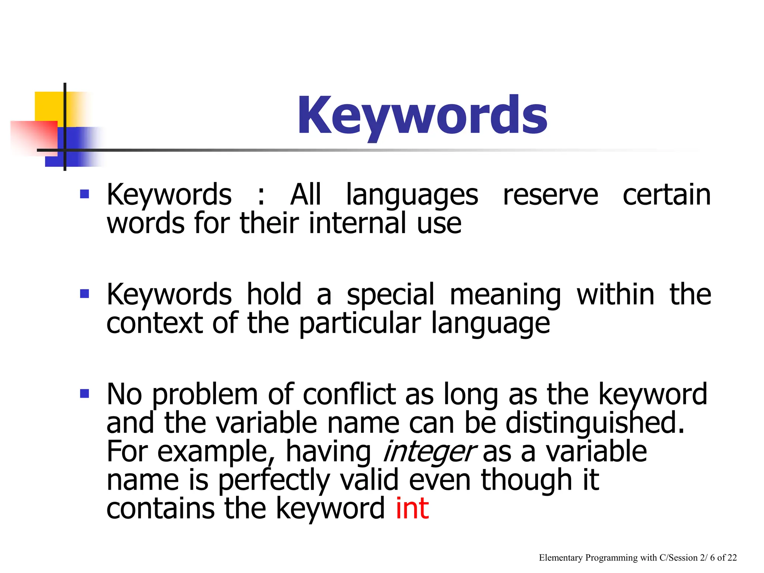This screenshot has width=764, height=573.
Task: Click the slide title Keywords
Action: [x=422, y=116]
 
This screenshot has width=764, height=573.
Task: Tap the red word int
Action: [x=412, y=508]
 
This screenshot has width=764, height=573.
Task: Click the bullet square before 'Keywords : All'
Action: [x=85, y=194]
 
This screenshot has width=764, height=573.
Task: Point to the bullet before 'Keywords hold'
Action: [x=85, y=294]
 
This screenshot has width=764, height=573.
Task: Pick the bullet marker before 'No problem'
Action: [x=85, y=394]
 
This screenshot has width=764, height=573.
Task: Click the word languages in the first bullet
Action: [x=412, y=195]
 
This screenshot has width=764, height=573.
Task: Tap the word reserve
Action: [x=550, y=195]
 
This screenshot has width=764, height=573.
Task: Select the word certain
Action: [x=667, y=195]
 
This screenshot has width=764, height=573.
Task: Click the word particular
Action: [x=360, y=323]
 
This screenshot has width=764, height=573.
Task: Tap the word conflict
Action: [x=350, y=394]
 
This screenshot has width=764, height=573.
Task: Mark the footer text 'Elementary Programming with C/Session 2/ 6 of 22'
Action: [x=638, y=558]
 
